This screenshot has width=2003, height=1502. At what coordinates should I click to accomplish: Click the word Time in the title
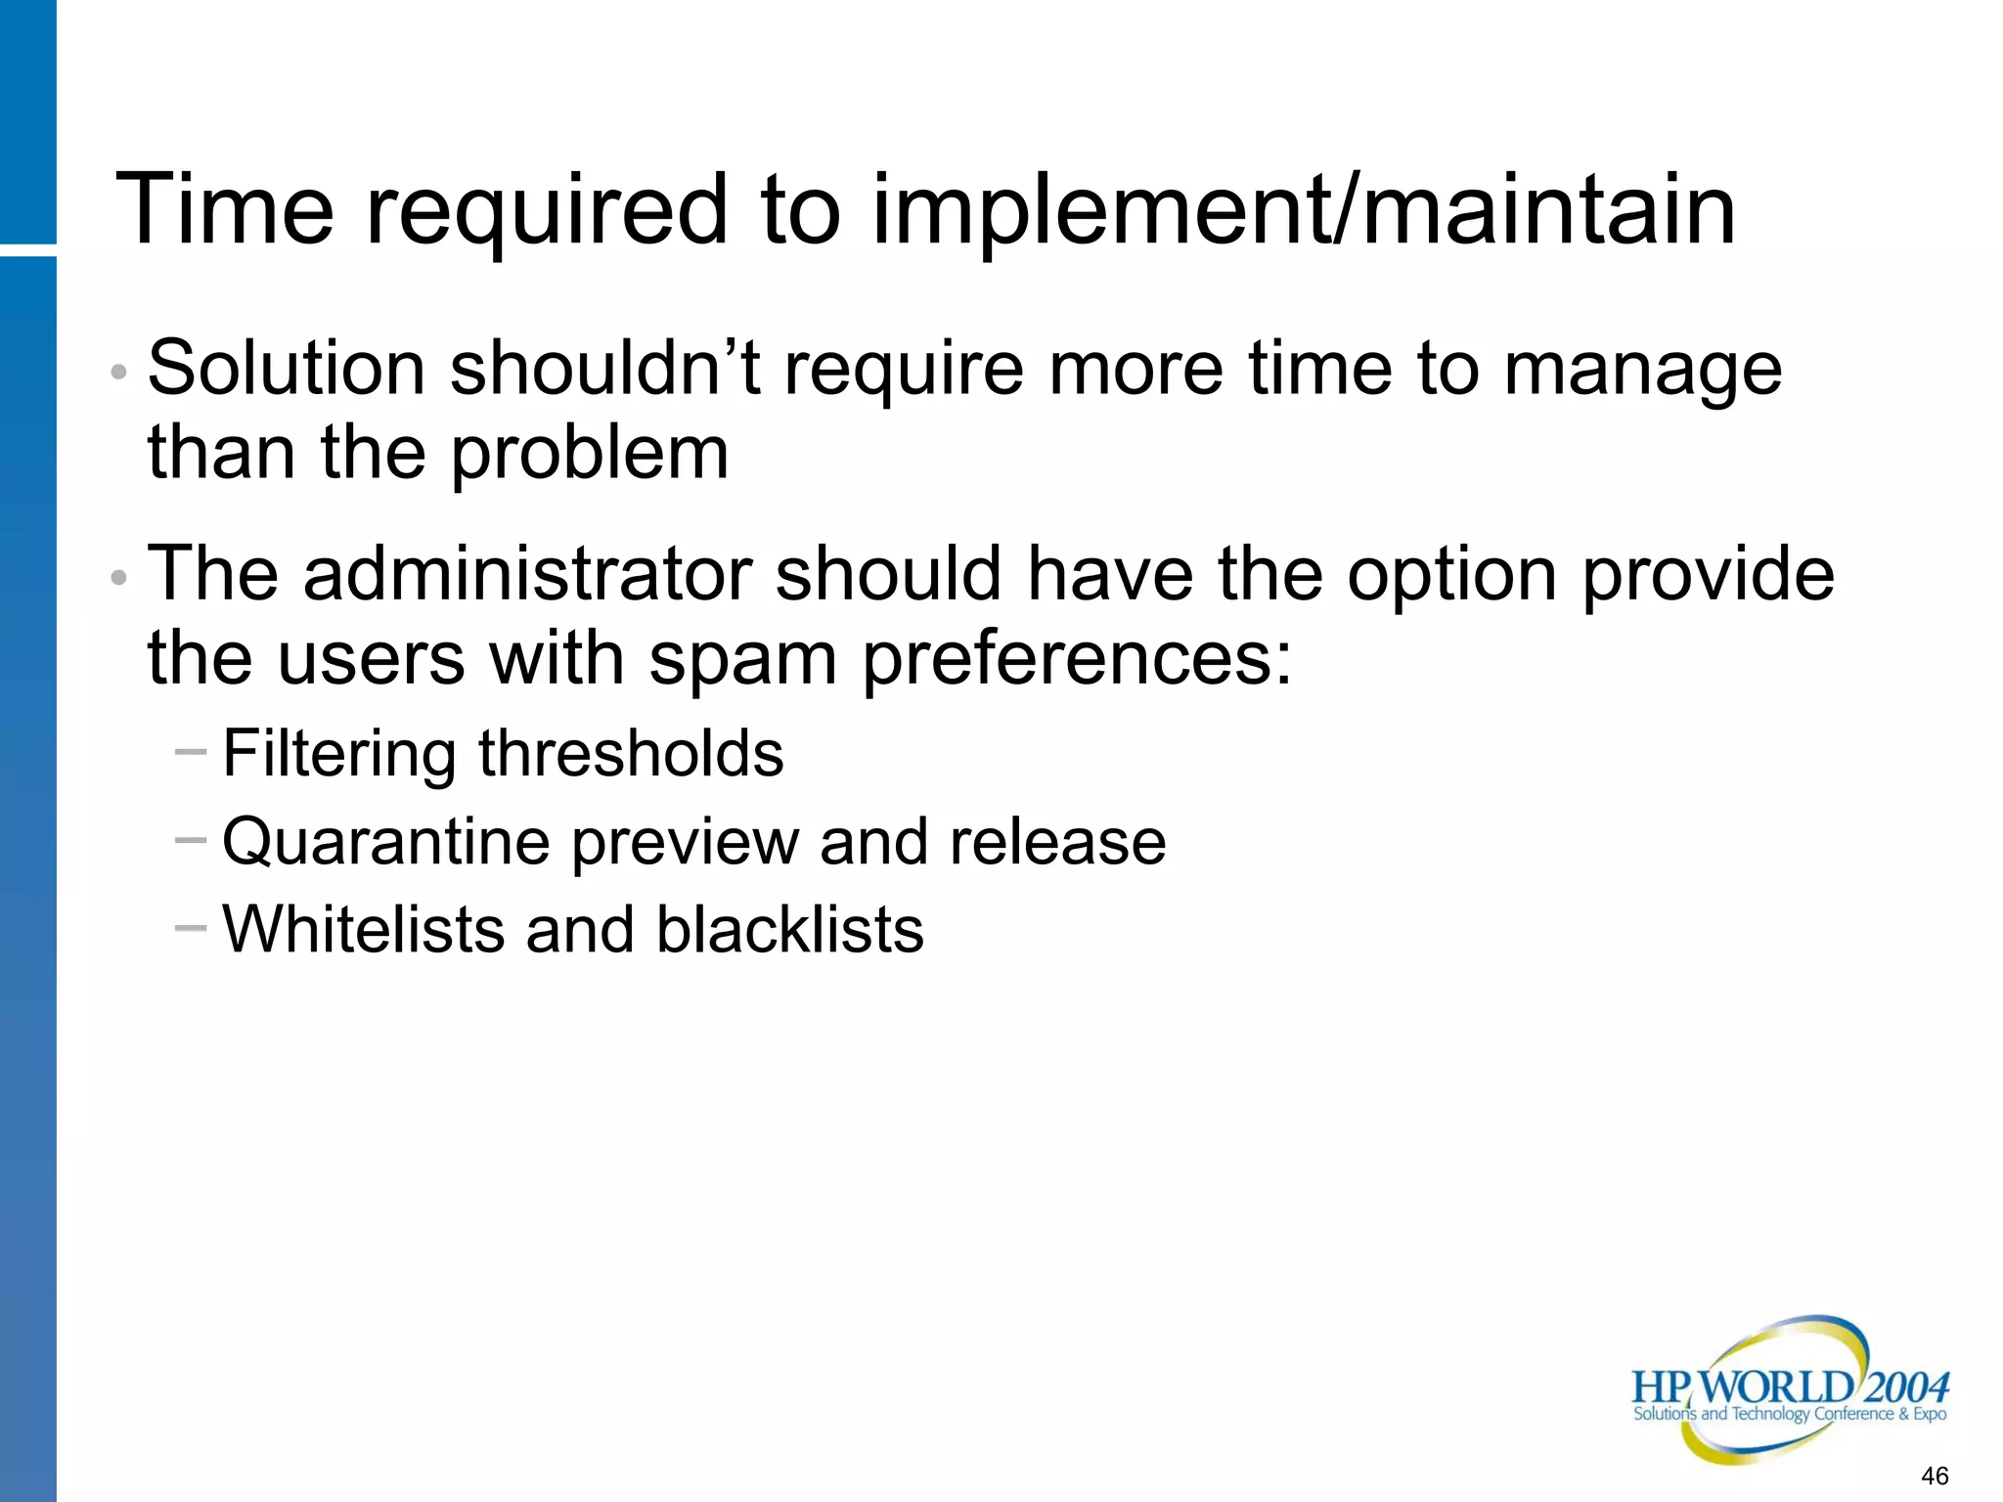coord(225,209)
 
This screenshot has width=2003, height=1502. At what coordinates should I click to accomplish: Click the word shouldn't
coord(605,369)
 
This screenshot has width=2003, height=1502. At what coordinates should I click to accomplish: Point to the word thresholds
coord(631,754)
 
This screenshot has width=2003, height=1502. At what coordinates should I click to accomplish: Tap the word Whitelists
coord(364,929)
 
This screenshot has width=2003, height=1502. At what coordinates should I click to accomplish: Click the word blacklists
coord(789,929)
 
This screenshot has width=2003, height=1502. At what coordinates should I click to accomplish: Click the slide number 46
coord(1934,1476)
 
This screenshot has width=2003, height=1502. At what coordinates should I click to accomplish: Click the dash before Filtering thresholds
coord(191,752)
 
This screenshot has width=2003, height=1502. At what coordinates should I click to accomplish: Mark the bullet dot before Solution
coord(119,373)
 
